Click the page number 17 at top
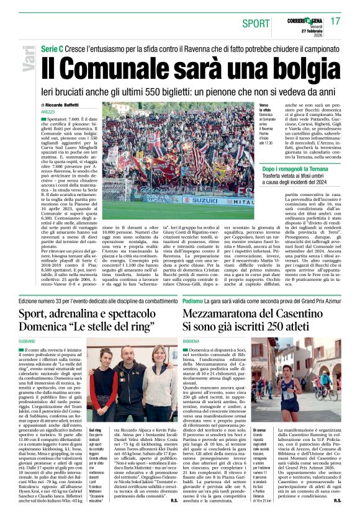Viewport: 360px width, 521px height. tap(335, 21)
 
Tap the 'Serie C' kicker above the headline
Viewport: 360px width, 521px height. tap(52, 48)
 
